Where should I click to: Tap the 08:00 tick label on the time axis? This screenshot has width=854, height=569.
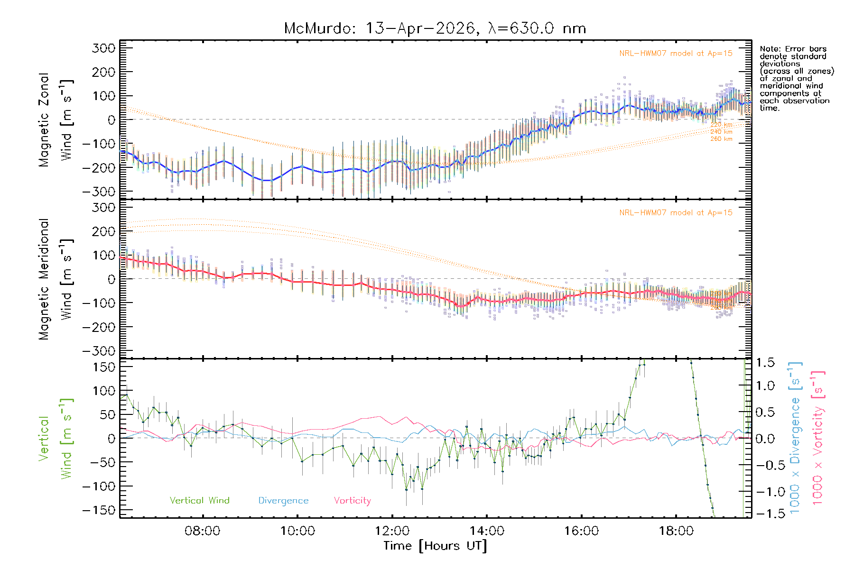[202, 531]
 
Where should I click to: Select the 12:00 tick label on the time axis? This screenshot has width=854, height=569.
[392, 531]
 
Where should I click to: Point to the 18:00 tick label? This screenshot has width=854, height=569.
[676, 531]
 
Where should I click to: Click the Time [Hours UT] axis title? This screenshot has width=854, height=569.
[435, 546]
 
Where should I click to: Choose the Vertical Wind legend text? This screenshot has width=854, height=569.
[199, 500]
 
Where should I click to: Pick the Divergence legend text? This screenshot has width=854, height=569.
[283, 500]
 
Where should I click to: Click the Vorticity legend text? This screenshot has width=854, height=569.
[352, 500]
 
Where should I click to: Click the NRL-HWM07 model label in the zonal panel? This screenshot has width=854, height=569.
[676, 54]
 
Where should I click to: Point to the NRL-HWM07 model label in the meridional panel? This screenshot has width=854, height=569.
[676, 213]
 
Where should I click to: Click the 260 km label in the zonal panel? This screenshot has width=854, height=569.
[721, 139]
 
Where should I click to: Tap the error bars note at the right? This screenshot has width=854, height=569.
[796, 78]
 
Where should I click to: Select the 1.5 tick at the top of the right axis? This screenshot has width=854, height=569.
[765, 363]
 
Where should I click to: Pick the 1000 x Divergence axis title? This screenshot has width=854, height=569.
[795, 438]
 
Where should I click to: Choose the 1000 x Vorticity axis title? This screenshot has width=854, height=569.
[818, 438]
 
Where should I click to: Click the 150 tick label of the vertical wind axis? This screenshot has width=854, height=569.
[104, 367]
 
